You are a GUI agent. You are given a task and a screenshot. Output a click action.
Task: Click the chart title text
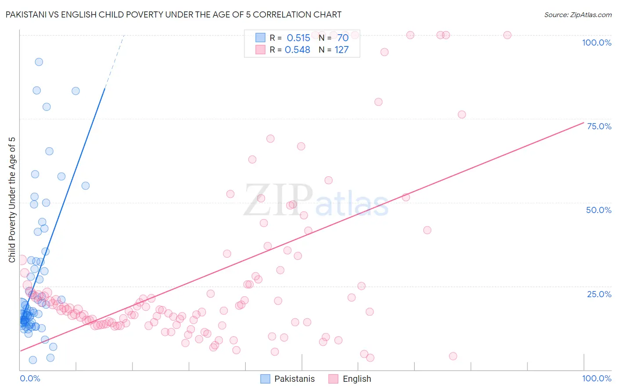click(x=173, y=14)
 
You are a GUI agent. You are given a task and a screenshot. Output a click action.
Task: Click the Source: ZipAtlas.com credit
click(x=578, y=14)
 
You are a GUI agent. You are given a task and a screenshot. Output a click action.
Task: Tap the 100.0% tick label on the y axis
click(x=596, y=43)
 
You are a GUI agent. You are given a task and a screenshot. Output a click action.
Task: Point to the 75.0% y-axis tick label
click(x=599, y=126)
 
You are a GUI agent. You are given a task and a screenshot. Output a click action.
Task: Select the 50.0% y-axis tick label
click(x=599, y=210)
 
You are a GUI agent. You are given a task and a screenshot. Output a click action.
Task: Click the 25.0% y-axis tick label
click(x=599, y=294)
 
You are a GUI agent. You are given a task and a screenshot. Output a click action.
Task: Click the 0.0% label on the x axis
click(x=30, y=378)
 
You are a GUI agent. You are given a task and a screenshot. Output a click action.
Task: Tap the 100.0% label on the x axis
click(x=596, y=378)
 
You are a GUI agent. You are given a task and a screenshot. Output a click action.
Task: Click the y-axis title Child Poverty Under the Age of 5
click(x=12, y=199)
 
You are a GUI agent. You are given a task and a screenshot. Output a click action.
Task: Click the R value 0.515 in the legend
click(x=298, y=38)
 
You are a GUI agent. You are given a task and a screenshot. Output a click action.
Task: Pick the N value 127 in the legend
click(x=341, y=50)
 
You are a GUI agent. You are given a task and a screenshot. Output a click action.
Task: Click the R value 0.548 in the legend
click(x=298, y=50)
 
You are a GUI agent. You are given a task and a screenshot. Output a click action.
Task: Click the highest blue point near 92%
click(x=39, y=62)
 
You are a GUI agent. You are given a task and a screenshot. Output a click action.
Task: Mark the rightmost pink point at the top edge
click(x=507, y=35)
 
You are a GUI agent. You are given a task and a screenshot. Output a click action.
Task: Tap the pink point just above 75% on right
click(x=462, y=114)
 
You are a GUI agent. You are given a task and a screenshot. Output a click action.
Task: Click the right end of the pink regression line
click(x=583, y=122)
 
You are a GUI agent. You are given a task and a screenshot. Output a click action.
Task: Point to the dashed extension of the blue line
click(x=115, y=61)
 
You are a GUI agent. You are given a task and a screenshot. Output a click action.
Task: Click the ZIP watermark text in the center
click(x=278, y=200)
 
